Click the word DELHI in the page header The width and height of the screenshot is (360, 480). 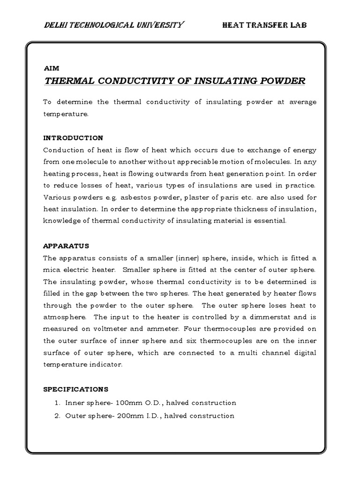(54, 25)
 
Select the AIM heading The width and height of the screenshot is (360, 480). (49, 67)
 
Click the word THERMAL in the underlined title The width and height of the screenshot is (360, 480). (68, 81)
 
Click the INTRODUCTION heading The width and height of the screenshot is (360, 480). (73, 138)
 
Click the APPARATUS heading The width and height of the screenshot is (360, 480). (66, 246)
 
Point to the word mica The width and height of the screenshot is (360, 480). (52, 270)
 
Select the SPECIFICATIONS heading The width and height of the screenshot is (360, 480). (76, 389)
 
